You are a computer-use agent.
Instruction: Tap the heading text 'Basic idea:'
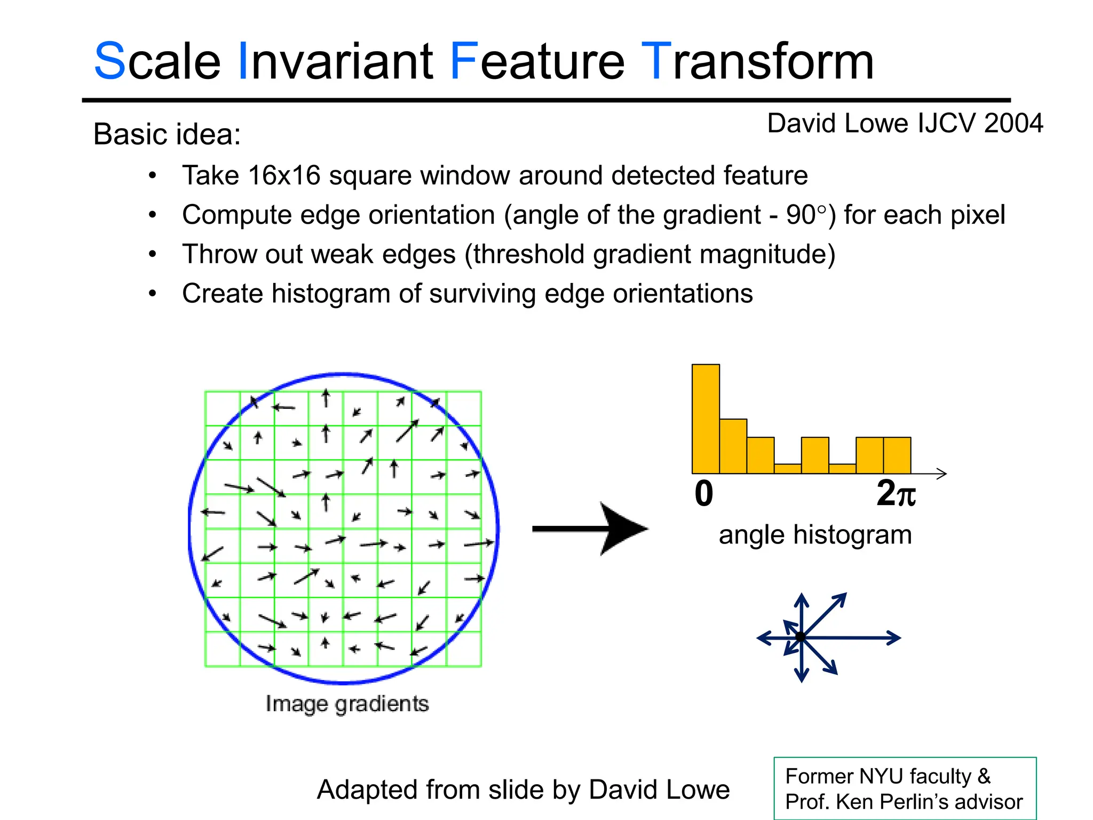pyautogui.click(x=167, y=134)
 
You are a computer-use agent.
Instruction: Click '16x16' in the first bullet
pyautogui.click(x=284, y=176)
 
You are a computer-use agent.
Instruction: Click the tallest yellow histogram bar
pyautogui.click(x=706, y=419)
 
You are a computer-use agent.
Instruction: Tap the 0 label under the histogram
pyautogui.click(x=703, y=494)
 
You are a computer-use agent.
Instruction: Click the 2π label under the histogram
pyautogui.click(x=896, y=494)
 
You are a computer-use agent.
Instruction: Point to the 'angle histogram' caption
pyautogui.click(x=815, y=535)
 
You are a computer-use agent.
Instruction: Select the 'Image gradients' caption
pyautogui.click(x=347, y=704)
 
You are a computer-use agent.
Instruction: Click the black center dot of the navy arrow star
pyautogui.click(x=801, y=636)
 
